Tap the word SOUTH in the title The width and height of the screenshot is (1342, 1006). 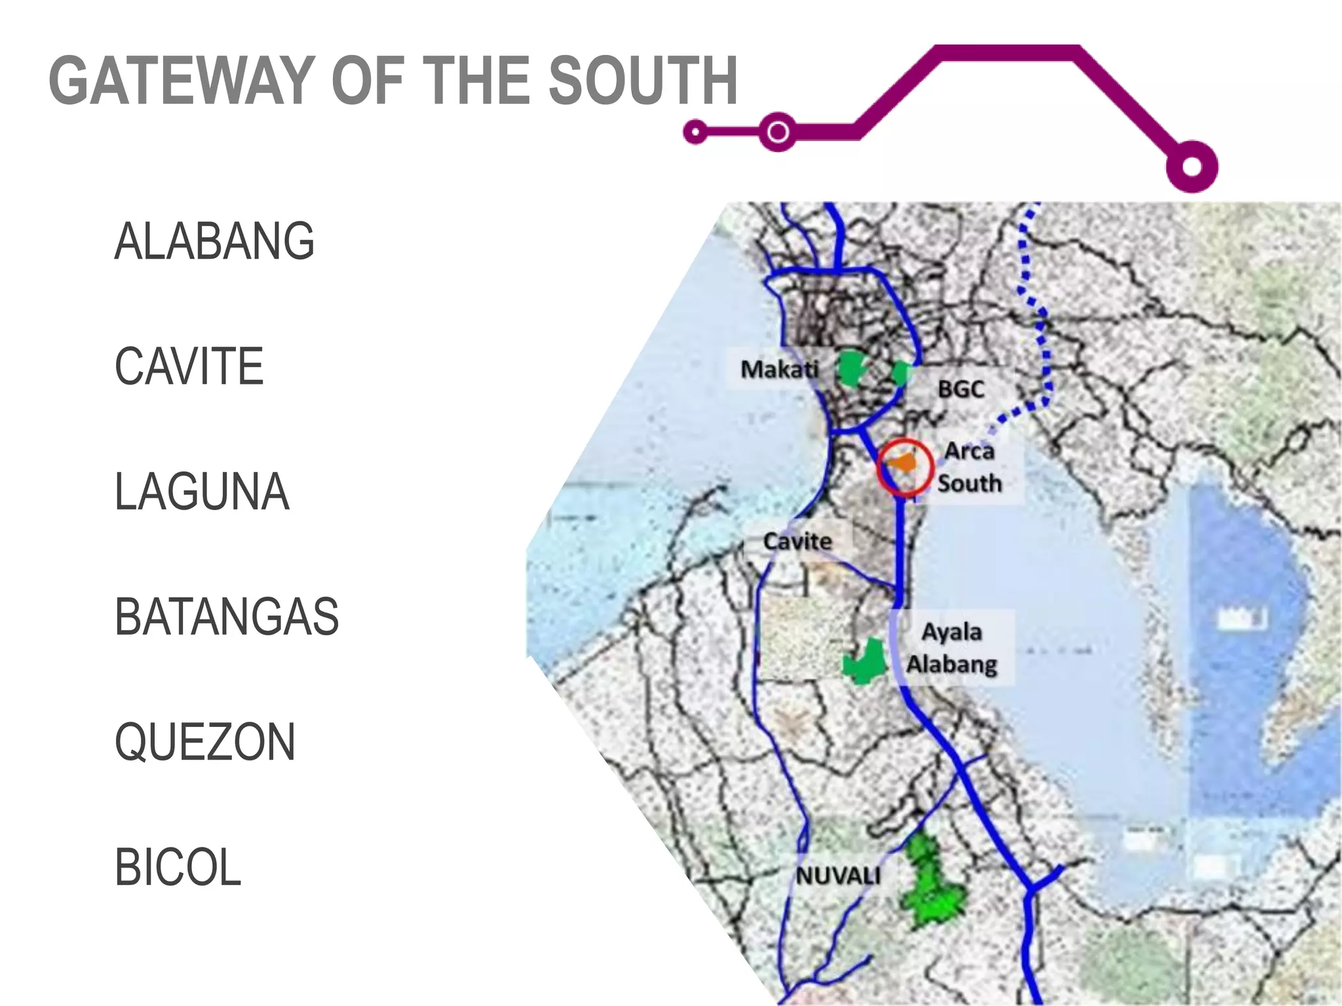pyautogui.click(x=643, y=81)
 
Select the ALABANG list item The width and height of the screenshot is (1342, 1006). pyautogui.click(x=214, y=241)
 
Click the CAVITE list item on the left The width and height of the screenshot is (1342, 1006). pyautogui.click(x=189, y=366)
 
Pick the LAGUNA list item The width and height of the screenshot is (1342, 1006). pyautogui.click(x=202, y=491)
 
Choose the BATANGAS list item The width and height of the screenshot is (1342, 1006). pyautogui.click(x=227, y=617)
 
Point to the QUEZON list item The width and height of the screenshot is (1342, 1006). pyautogui.click(x=205, y=742)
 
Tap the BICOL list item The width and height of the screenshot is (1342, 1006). pyautogui.click(x=178, y=867)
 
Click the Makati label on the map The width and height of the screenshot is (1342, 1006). pyautogui.click(x=779, y=369)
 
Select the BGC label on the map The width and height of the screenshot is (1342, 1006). pyautogui.click(x=961, y=390)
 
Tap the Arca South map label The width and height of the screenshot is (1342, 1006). pyautogui.click(x=970, y=467)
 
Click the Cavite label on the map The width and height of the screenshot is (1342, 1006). pyautogui.click(x=797, y=542)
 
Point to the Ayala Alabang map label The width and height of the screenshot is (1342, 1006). pyautogui.click(x=952, y=648)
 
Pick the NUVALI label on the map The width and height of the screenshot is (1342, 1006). pyautogui.click(x=838, y=876)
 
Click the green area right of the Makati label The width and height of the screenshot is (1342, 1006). pyautogui.click(x=853, y=369)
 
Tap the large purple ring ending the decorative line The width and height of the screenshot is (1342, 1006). pyautogui.click(x=1192, y=166)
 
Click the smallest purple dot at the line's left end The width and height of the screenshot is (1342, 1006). pyautogui.click(x=695, y=132)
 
